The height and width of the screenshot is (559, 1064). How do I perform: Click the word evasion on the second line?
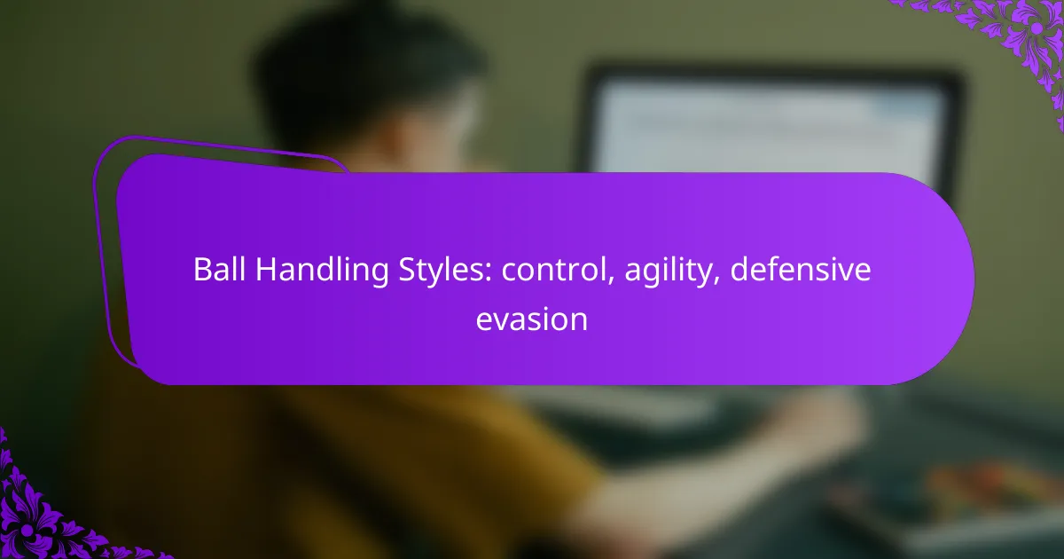531,319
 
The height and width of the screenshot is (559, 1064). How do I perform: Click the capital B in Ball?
201,272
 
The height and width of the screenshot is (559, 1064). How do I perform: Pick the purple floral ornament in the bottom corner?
44,515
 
